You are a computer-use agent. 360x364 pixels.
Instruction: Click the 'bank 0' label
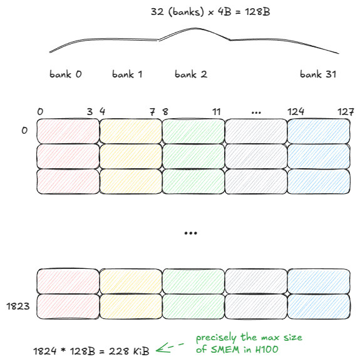tap(66, 74)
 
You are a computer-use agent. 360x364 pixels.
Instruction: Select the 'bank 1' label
tap(127, 74)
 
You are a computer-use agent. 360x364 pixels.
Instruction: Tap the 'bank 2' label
tap(191, 74)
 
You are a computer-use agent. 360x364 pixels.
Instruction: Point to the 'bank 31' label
tap(318, 74)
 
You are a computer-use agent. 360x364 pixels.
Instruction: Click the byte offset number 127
tap(346, 111)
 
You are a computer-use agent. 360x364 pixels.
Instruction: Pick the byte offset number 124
tap(296, 111)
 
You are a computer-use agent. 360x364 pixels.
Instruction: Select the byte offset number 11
tap(216, 111)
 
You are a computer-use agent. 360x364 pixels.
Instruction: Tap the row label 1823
tap(18, 306)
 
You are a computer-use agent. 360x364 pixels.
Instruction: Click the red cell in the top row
tap(68, 131)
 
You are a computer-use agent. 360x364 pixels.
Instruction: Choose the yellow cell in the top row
tap(131, 131)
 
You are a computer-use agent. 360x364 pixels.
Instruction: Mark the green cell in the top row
tap(193, 131)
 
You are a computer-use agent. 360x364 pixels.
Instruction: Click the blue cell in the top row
tap(319, 131)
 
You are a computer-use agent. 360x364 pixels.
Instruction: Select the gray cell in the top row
tap(256, 131)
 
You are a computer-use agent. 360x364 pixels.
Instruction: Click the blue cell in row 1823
tap(319, 306)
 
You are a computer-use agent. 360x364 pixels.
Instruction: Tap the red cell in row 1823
tap(68, 306)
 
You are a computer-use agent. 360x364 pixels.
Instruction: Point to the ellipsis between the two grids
tap(191, 233)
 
